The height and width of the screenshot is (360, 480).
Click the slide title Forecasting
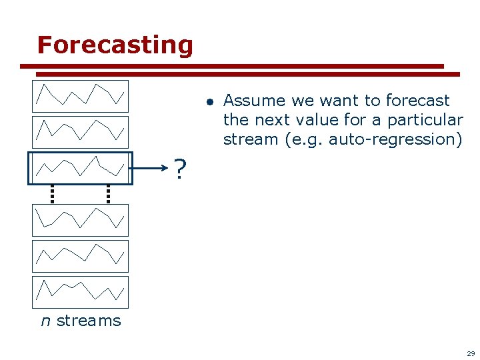click(x=115, y=45)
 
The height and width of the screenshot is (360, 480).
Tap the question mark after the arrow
click(x=179, y=170)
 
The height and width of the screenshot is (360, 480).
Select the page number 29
click(x=470, y=353)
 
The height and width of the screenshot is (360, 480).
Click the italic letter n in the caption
click(x=45, y=321)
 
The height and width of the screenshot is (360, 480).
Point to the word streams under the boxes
click(x=89, y=321)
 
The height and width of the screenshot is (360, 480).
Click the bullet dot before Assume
click(x=209, y=102)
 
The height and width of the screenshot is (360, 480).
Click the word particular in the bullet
click(x=425, y=120)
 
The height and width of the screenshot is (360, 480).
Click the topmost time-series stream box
click(x=80, y=96)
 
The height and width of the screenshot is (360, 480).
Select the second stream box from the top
click(x=80, y=132)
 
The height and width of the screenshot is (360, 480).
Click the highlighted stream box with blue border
click(x=80, y=167)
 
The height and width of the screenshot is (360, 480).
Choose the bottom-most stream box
click(x=80, y=292)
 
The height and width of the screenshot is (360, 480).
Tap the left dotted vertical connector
click(x=51, y=193)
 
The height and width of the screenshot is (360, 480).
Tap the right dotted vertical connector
click(x=107, y=193)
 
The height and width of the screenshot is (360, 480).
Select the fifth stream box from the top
click(x=80, y=256)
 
